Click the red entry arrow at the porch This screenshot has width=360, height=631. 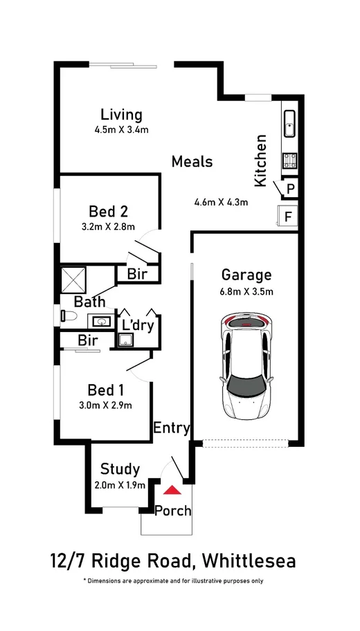coord(172,490)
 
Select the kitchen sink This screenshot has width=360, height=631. coord(289,124)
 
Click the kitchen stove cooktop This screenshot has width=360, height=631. coord(289,160)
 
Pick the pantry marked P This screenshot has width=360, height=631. coord(290,188)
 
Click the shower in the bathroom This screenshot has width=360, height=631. coord(73,280)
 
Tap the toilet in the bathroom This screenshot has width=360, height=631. coord(69,316)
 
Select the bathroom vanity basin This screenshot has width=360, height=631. coord(102,321)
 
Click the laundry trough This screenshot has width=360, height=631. coord(126,340)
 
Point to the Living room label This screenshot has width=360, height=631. coord(121,115)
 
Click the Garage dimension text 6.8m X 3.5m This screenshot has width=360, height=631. coord(246,292)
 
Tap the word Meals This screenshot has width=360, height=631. coord(192,162)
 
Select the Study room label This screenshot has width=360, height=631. coord(120,469)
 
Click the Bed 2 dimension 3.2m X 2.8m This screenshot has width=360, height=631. coord(108,226)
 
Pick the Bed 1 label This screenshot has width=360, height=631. coord(105,390)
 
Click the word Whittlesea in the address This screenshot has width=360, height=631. coord(249,560)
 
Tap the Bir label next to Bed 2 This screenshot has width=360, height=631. coord(137,275)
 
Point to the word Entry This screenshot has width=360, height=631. coord(171,428)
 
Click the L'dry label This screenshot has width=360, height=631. coord(138,324)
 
